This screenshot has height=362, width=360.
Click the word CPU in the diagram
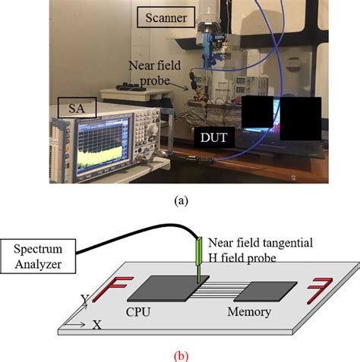click(139, 310)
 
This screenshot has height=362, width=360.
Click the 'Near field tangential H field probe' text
click(256, 249)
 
